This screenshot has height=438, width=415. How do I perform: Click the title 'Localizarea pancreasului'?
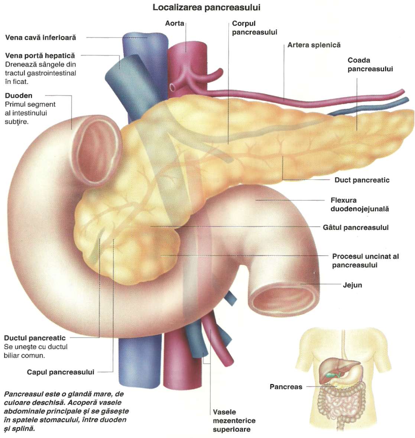point(206,7)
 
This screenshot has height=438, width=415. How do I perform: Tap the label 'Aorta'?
point(175,23)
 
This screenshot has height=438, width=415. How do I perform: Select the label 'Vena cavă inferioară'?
point(40,38)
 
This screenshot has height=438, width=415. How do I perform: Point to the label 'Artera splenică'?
point(314,45)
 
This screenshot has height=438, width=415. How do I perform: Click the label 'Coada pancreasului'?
point(370,65)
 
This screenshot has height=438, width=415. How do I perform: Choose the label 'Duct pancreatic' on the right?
point(362,180)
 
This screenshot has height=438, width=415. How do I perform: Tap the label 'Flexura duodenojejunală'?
point(360,204)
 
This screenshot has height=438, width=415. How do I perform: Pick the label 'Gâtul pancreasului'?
point(356,227)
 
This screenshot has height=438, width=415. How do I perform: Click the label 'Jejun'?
point(352,285)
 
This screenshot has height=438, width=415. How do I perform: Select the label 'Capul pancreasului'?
point(61,372)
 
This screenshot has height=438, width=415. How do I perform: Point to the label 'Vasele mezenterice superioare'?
point(234,421)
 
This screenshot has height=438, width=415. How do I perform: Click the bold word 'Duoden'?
point(19,95)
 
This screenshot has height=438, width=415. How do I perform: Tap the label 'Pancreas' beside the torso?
point(286,387)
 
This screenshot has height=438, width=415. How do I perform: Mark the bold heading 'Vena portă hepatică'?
point(40,56)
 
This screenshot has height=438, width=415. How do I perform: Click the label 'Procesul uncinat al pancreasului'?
point(365,261)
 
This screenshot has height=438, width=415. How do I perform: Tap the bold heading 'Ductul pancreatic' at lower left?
point(35,338)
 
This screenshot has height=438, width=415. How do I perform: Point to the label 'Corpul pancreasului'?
point(254,27)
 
